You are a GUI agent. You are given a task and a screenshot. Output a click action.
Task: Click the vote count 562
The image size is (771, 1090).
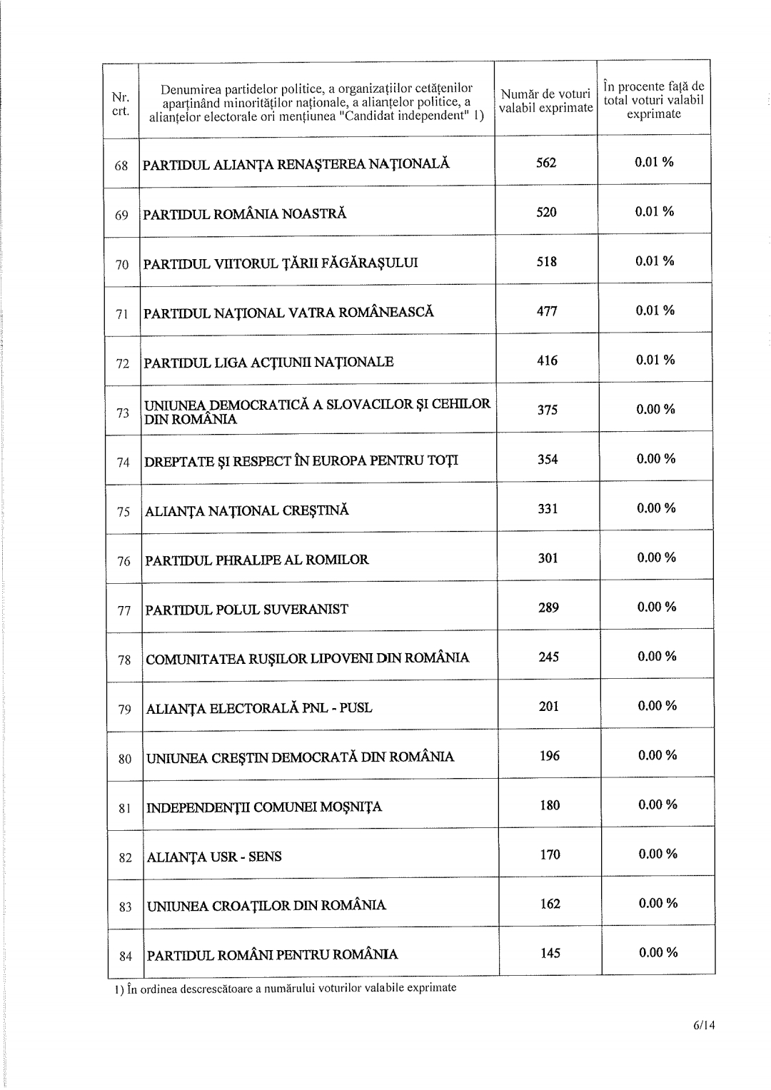546,163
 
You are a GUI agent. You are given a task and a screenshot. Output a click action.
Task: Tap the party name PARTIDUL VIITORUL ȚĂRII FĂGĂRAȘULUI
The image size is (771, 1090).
281,263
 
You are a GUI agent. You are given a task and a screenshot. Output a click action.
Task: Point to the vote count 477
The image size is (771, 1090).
547,311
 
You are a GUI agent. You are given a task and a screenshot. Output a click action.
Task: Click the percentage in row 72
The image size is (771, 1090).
655,360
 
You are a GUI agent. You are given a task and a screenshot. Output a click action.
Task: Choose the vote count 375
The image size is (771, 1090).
548,410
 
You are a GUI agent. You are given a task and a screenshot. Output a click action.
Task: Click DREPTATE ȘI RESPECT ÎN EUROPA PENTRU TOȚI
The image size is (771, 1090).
301,461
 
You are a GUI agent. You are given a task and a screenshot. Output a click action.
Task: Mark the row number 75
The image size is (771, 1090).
124,512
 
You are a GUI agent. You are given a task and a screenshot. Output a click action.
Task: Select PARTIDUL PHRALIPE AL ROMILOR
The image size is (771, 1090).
257,560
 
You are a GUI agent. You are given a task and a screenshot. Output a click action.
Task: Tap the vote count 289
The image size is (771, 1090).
548,607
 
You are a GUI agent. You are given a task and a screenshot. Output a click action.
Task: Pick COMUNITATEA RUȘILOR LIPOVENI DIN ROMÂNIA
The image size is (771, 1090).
308,658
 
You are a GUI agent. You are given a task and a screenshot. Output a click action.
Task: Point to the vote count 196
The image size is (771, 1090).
550,755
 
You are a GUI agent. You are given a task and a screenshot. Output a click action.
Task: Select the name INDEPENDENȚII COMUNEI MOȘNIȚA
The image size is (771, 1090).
264,807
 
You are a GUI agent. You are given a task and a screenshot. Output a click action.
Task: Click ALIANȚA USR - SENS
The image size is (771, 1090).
214,857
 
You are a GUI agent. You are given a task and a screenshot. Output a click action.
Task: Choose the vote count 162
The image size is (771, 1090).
550,904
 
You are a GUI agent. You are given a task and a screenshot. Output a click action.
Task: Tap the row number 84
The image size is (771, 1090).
126,957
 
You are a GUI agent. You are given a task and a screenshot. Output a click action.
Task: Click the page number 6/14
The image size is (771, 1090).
703,1026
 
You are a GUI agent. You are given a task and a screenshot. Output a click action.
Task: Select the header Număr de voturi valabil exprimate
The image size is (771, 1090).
546,101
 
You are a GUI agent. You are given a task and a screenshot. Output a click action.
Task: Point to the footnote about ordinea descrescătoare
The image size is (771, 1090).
284,989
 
